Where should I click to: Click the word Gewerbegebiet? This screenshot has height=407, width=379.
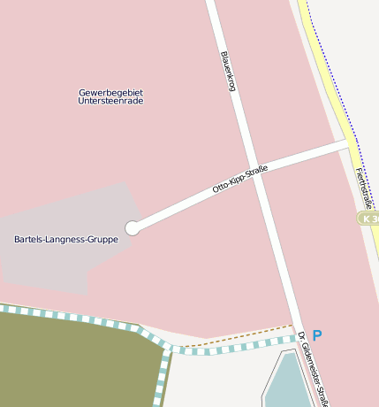(110, 92)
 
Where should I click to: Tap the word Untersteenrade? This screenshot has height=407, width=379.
(110, 101)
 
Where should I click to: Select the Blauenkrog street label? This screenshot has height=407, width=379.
(228, 72)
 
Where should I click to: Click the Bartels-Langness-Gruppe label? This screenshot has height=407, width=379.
(66, 239)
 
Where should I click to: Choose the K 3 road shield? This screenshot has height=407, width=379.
(368, 218)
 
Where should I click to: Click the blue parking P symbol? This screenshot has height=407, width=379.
(317, 335)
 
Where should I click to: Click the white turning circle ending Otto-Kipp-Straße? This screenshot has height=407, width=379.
(133, 228)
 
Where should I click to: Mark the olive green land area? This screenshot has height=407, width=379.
(71, 363)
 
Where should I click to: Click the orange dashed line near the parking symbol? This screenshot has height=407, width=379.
(239, 335)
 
